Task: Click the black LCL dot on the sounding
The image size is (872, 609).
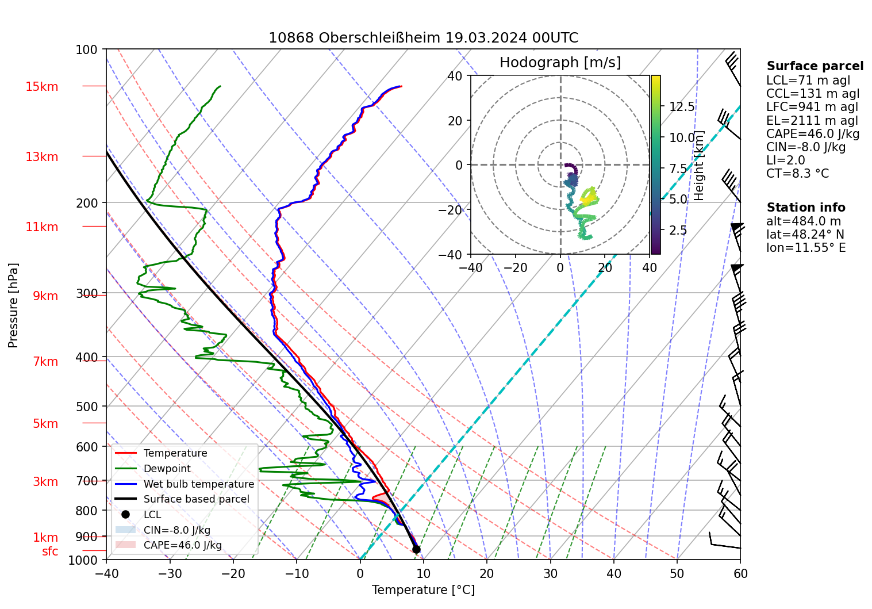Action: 416,549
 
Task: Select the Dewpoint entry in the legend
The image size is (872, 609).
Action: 167,469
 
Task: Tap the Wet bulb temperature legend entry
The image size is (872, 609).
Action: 198,484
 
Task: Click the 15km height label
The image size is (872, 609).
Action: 41,87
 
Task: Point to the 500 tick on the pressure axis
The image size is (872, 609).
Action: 87,407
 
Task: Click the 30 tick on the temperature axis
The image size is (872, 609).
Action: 550,573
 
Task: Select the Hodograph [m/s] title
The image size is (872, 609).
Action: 560,63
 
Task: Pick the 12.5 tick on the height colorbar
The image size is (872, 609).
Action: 682,107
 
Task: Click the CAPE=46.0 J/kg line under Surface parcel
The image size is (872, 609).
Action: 813,134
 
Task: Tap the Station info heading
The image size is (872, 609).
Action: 806,208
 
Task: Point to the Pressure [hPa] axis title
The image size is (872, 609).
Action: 13,305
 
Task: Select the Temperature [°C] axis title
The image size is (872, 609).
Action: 423,590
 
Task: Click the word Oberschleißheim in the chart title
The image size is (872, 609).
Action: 380,38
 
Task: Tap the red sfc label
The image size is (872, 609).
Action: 50,551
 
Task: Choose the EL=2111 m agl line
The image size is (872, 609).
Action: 812,121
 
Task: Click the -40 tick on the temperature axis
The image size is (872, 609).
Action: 106,573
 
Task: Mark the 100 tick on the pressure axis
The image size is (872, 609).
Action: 87,50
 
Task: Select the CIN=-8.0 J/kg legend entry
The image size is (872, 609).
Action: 176,530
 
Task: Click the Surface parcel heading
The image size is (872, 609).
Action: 815,66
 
